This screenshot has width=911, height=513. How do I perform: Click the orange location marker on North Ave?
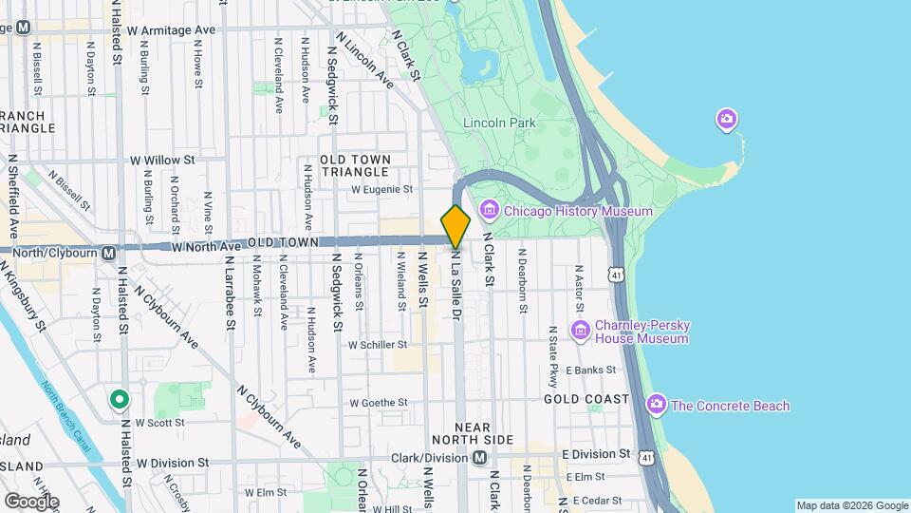(x=455, y=226)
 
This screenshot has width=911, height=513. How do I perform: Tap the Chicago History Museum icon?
(x=490, y=210)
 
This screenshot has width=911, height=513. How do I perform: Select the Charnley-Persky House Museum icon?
(x=581, y=330)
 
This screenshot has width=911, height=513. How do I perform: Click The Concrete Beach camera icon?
(x=657, y=406)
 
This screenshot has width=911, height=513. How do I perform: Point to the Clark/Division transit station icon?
(x=480, y=458)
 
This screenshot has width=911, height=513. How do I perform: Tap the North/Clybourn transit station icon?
(x=108, y=253)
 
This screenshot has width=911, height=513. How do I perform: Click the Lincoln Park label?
(x=499, y=123)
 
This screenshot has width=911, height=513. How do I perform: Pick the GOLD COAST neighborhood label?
(x=586, y=399)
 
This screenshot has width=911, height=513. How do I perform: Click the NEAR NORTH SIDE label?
(x=472, y=433)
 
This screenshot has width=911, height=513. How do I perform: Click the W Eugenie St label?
(x=381, y=189)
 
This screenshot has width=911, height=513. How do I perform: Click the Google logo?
(x=31, y=501)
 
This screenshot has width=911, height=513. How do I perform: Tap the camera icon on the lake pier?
(x=727, y=120)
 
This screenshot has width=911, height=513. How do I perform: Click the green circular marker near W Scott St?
(x=119, y=400)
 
